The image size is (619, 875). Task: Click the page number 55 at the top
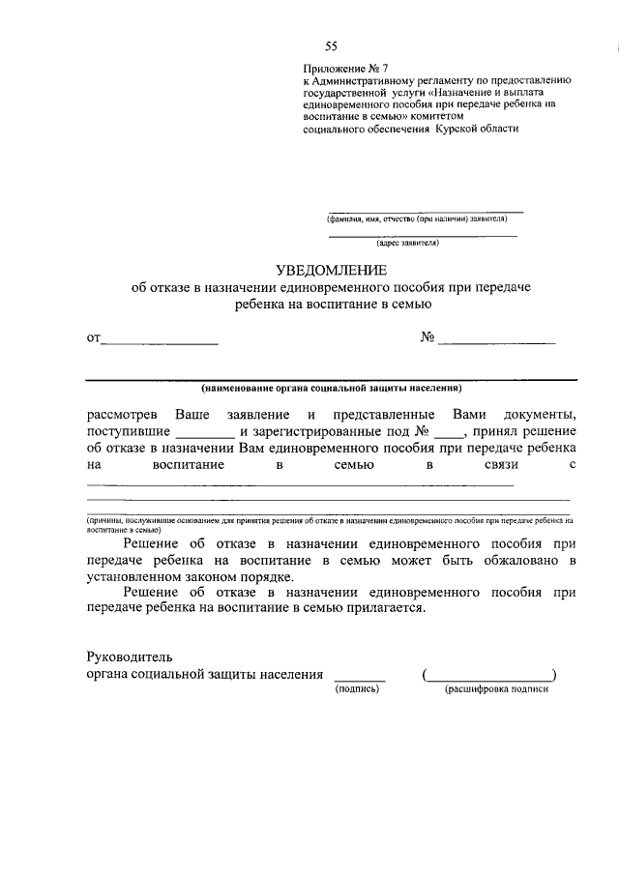tap(331, 46)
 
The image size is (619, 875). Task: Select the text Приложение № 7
tap(344, 69)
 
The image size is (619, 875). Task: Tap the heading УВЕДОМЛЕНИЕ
tap(332, 270)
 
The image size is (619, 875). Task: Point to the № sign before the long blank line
tap(427, 338)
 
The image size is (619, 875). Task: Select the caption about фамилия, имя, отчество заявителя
tap(424, 219)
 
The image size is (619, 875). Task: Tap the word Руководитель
tap(129, 657)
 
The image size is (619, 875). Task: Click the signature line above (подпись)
tap(359, 680)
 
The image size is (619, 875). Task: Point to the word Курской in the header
tap(460, 129)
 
